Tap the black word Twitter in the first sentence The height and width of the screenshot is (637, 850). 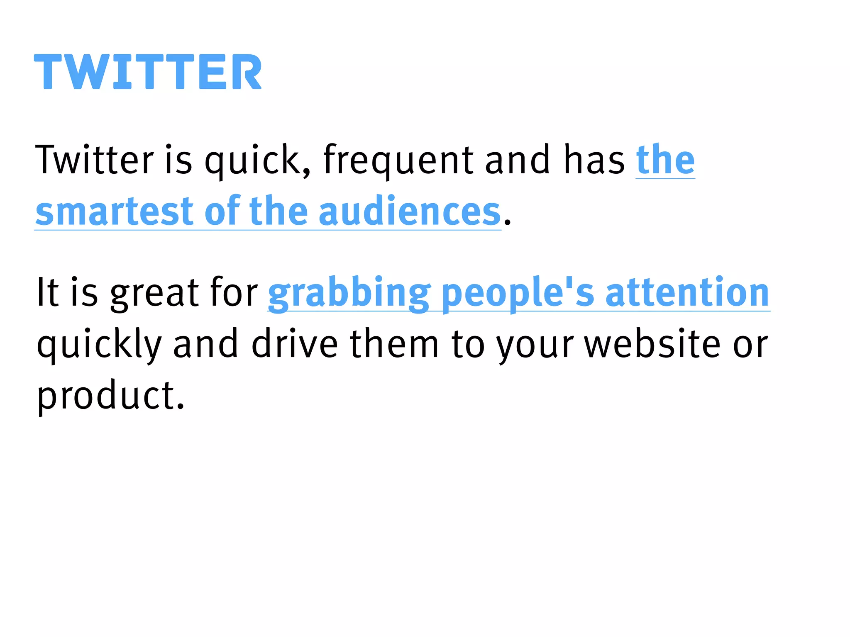95,160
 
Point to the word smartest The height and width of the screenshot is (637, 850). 115,212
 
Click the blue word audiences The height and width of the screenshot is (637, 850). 410,212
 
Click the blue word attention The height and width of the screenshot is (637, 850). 687,293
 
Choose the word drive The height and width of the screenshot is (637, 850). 295,344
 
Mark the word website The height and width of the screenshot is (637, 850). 652,344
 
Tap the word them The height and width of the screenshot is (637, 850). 394,344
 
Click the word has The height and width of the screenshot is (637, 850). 594,160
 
